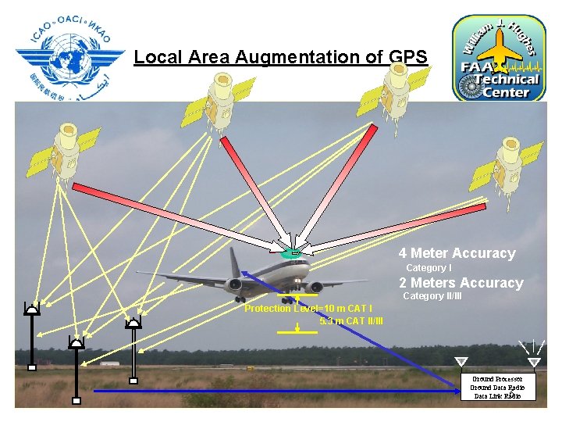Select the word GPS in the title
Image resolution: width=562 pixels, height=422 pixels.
point(407,57)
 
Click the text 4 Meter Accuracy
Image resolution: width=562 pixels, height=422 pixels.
point(457,253)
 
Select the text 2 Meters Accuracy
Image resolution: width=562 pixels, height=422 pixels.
point(461,283)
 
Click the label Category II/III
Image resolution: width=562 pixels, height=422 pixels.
point(433,296)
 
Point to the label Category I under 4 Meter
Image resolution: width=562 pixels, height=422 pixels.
point(429,268)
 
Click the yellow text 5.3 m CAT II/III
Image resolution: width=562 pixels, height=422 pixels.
point(351,320)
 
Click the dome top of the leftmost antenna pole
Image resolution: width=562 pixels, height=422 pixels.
point(32,309)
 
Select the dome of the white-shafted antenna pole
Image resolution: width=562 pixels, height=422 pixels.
point(133,321)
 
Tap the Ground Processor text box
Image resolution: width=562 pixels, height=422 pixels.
point(498,388)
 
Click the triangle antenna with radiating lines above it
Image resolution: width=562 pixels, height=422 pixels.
point(534,361)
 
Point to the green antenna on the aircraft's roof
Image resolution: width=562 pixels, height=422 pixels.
point(290,252)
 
